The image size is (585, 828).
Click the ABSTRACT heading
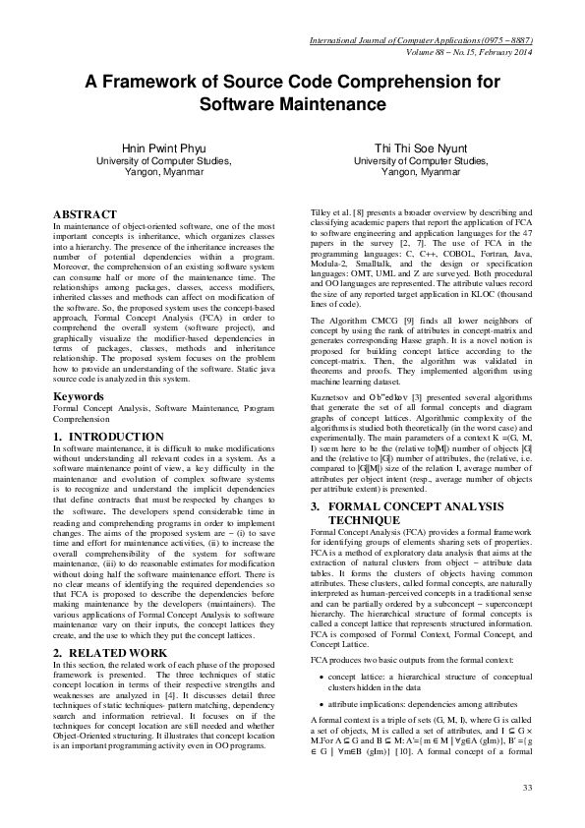[85, 212]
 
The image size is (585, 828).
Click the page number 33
[527, 788]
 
